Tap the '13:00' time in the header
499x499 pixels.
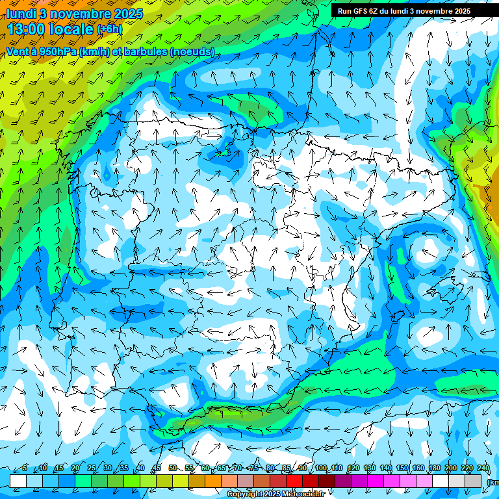27,29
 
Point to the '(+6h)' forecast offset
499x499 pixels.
109,29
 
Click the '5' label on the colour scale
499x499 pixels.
25,468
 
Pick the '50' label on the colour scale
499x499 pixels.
172,468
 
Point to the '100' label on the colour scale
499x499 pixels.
320,468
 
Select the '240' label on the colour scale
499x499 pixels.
483,468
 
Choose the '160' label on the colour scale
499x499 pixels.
418,468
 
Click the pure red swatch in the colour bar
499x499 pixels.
294,481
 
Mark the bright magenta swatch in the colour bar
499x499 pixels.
376,481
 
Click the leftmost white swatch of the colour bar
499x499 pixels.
18,481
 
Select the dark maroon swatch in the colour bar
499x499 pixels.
327,481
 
